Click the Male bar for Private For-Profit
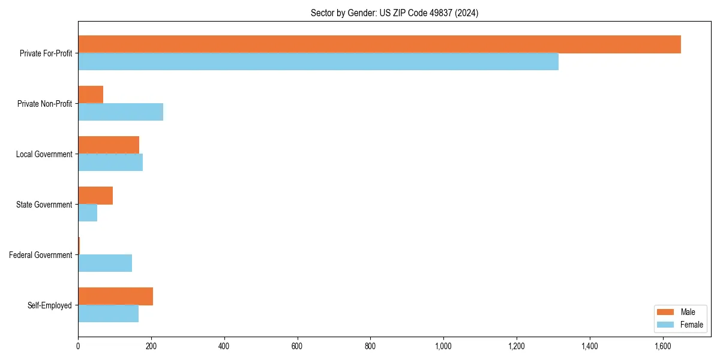[x=379, y=44]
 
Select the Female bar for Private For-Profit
[x=318, y=62]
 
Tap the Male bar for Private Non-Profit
[x=91, y=95]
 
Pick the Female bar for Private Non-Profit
[x=121, y=112]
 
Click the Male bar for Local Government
[x=109, y=145]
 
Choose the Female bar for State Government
[x=88, y=213]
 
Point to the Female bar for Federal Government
[x=105, y=263]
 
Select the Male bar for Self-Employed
[x=115, y=296]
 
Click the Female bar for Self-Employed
[x=108, y=314]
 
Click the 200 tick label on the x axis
[x=151, y=346]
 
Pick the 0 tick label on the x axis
[x=78, y=346]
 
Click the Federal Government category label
[x=41, y=255]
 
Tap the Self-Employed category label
[x=50, y=305]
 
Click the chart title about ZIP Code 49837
[x=394, y=13]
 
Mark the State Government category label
[x=44, y=205]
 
